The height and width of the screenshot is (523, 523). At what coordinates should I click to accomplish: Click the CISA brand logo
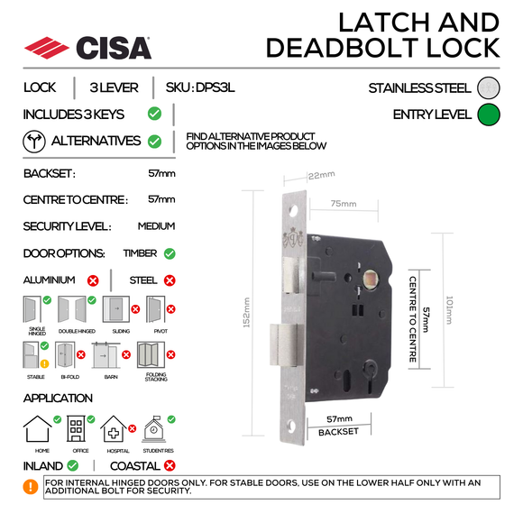pos(87,46)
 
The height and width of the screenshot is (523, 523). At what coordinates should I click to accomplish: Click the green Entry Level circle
pos(489,115)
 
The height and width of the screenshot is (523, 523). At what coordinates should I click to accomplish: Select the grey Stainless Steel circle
pos(489,87)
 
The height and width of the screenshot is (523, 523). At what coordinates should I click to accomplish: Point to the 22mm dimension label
pos(322,174)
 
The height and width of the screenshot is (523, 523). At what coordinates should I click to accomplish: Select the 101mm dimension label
pos(474,312)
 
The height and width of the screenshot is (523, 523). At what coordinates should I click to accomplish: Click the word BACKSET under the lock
pos(338,432)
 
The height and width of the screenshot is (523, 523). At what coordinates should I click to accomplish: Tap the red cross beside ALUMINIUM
pos(92,280)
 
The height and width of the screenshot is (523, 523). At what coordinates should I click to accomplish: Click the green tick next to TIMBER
pos(170,254)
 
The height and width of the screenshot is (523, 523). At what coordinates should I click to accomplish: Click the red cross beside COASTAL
pos(169,466)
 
